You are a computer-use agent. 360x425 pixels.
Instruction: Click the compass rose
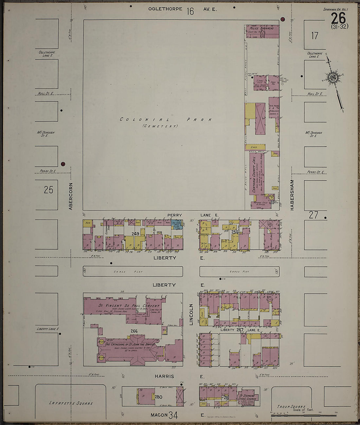pos(334,78)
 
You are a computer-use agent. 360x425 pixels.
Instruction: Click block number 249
pos(135,233)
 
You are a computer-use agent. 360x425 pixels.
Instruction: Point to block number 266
pos(134,331)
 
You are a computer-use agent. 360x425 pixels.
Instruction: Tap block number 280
pos(159,397)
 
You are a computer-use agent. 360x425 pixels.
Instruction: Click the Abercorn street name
pos(70,196)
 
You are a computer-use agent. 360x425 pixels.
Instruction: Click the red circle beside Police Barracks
pos(282,19)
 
